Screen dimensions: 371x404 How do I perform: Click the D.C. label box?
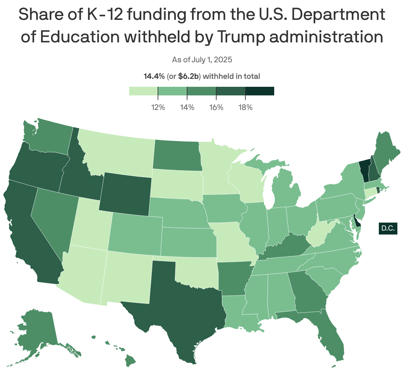(x=388, y=228)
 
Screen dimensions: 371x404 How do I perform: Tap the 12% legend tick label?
(x=158, y=108)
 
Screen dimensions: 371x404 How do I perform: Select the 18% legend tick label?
(x=245, y=108)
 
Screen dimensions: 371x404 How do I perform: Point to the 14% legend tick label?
(x=187, y=108)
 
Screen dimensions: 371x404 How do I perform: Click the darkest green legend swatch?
(x=260, y=91)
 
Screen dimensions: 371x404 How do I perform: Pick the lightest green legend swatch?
(x=143, y=91)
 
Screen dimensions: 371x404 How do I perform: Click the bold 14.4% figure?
(x=154, y=77)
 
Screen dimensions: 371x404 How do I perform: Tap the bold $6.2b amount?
(x=188, y=77)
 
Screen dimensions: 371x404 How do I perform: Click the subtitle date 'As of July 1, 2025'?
(x=202, y=60)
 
